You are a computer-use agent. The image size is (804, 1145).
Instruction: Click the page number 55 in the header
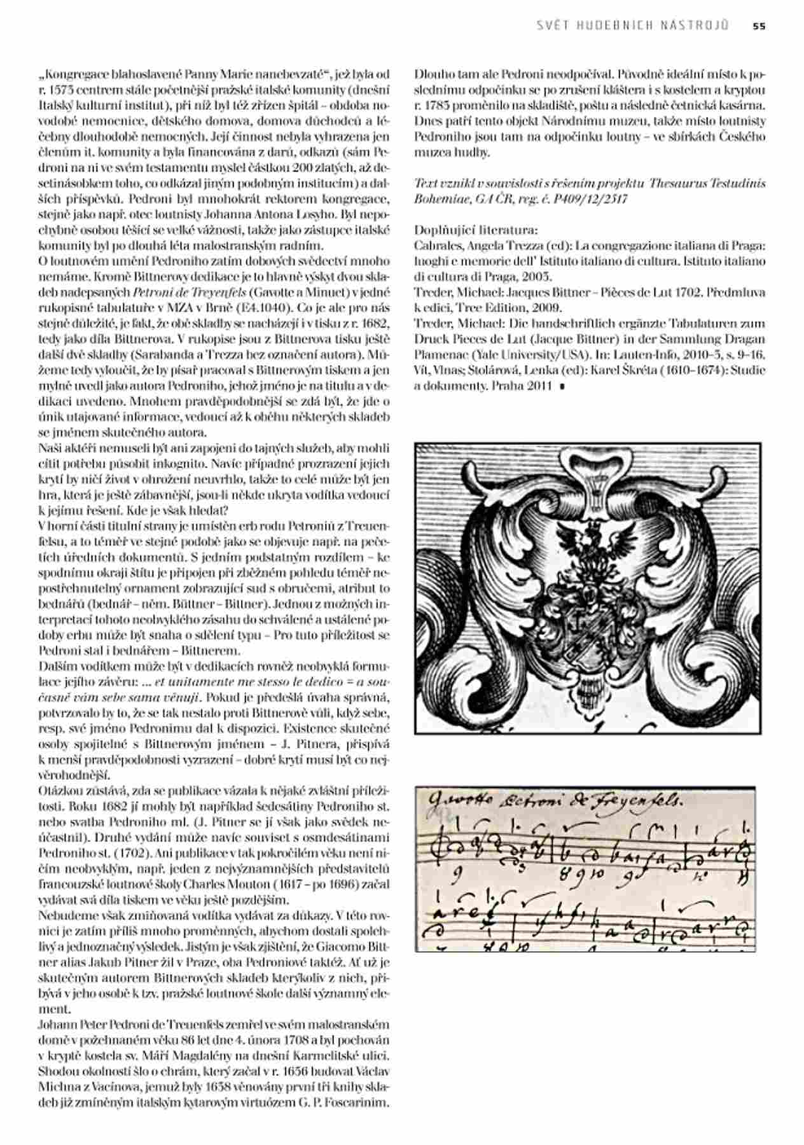(x=759, y=26)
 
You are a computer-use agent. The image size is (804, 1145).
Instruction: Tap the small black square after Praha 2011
(x=562, y=386)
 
